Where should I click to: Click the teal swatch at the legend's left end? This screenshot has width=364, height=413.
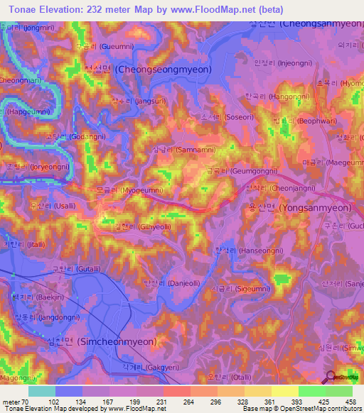click(42, 391)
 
